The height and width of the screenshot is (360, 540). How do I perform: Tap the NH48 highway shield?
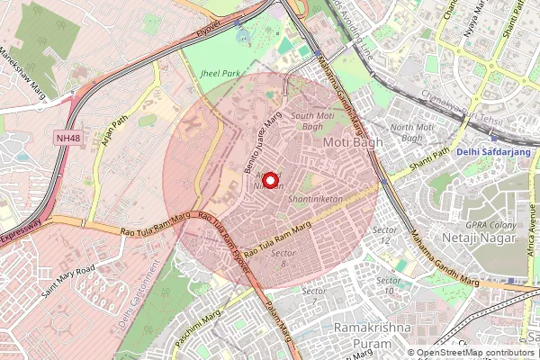(67, 138)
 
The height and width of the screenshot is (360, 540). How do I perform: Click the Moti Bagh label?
(346, 142)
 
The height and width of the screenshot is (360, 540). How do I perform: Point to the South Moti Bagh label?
(314, 121)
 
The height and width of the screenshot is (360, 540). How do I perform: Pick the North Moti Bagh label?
(412, 132)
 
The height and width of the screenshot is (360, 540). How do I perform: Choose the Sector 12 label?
(384, 235)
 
